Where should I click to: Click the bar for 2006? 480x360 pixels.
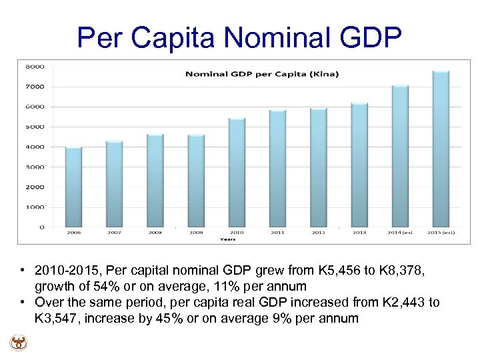73,187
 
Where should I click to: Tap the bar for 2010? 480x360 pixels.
237,173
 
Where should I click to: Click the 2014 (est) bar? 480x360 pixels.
400,156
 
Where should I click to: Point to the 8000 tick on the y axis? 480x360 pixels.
35,67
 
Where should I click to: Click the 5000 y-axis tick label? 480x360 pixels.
35,127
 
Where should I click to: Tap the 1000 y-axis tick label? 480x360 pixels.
35,207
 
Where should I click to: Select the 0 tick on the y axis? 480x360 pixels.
41,227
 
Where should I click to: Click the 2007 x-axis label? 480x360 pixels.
115,233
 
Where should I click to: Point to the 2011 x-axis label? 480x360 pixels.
277,233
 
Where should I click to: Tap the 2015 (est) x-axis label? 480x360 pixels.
441,233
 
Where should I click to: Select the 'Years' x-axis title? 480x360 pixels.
227,239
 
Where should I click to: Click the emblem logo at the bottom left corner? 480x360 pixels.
18,343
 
